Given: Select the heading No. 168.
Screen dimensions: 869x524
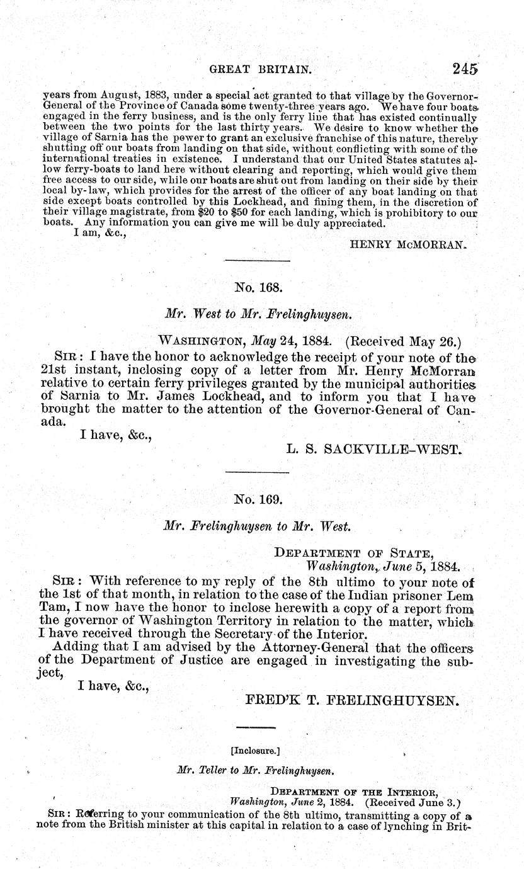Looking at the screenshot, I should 257,288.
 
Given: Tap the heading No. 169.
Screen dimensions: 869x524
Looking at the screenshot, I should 257,499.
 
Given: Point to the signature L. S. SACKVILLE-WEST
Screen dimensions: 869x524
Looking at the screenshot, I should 374,450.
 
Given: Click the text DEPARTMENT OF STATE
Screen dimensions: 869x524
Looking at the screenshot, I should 354,553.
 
